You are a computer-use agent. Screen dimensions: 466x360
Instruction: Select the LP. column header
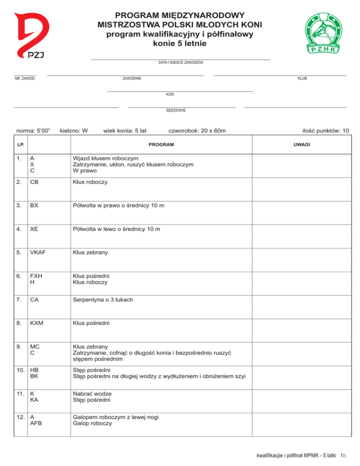coord(20,144)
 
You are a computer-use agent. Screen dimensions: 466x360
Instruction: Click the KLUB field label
coord(302,78)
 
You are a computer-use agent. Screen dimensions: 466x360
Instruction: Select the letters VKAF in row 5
coord(38,252)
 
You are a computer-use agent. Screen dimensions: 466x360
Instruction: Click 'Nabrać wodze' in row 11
coord(92,393)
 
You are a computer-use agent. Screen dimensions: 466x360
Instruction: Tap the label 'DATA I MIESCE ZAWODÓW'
coord(180,62)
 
